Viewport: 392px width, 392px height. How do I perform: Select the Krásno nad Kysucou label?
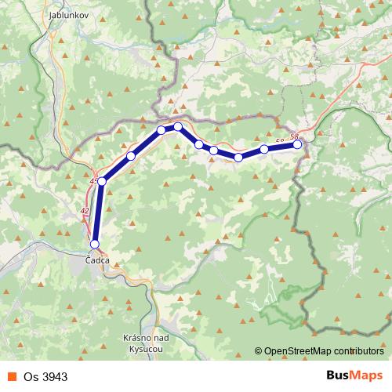pyautogui.click(x=143, y=341)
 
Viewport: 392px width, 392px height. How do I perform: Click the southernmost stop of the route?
pyautogui.click(x=95, y=244)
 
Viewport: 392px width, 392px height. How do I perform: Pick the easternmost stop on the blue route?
pyautogui.click(x=297, y=144)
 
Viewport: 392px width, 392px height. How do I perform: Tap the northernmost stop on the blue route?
pyautogui.click(x=178, y=126)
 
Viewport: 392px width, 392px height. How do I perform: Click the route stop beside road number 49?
pyautogui.click(x=102, y=181)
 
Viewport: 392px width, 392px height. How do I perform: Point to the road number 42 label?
pyautogui.click(x=85, y=210)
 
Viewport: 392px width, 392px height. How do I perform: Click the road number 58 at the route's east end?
pyautogui.click(x=294, y=137)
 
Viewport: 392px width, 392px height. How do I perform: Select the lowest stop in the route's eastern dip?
pyautogui.click(x=238, y=158)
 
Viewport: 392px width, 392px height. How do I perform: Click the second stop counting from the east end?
pyautogui.click(x=264, y=149)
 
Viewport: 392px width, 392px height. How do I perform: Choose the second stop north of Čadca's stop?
pyautogui.click(x=131, y=156)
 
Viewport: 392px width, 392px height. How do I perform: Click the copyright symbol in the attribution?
pyautogui.click(x=259, y=352)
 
